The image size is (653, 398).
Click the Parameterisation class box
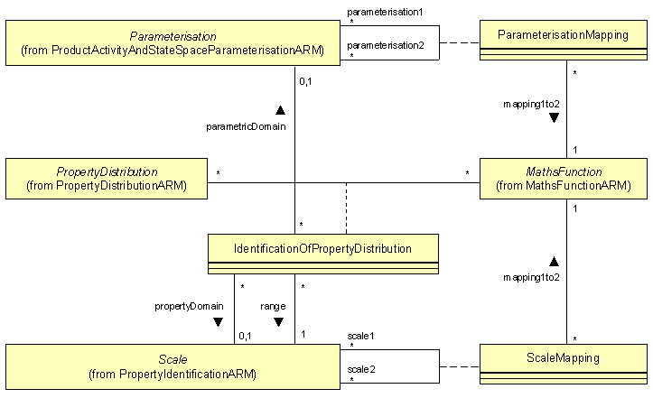[173, 42]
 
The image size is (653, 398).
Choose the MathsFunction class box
[564, 179]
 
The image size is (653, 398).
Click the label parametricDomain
[247, 126]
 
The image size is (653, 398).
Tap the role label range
[274, 306]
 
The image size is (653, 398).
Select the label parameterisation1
[385, 12]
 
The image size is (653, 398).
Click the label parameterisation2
[385, 44]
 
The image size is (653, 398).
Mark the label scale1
[361, 336]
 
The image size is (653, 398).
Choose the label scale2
[361, 368]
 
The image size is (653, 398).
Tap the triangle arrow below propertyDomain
[218, 321]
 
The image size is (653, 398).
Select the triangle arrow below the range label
[278, 321]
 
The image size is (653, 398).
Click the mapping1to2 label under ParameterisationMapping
[532, 104]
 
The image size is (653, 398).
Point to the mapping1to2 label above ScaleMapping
[532, 277]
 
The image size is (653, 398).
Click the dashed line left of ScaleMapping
[459, 366]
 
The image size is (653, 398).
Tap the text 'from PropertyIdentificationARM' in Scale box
[173, 373]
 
